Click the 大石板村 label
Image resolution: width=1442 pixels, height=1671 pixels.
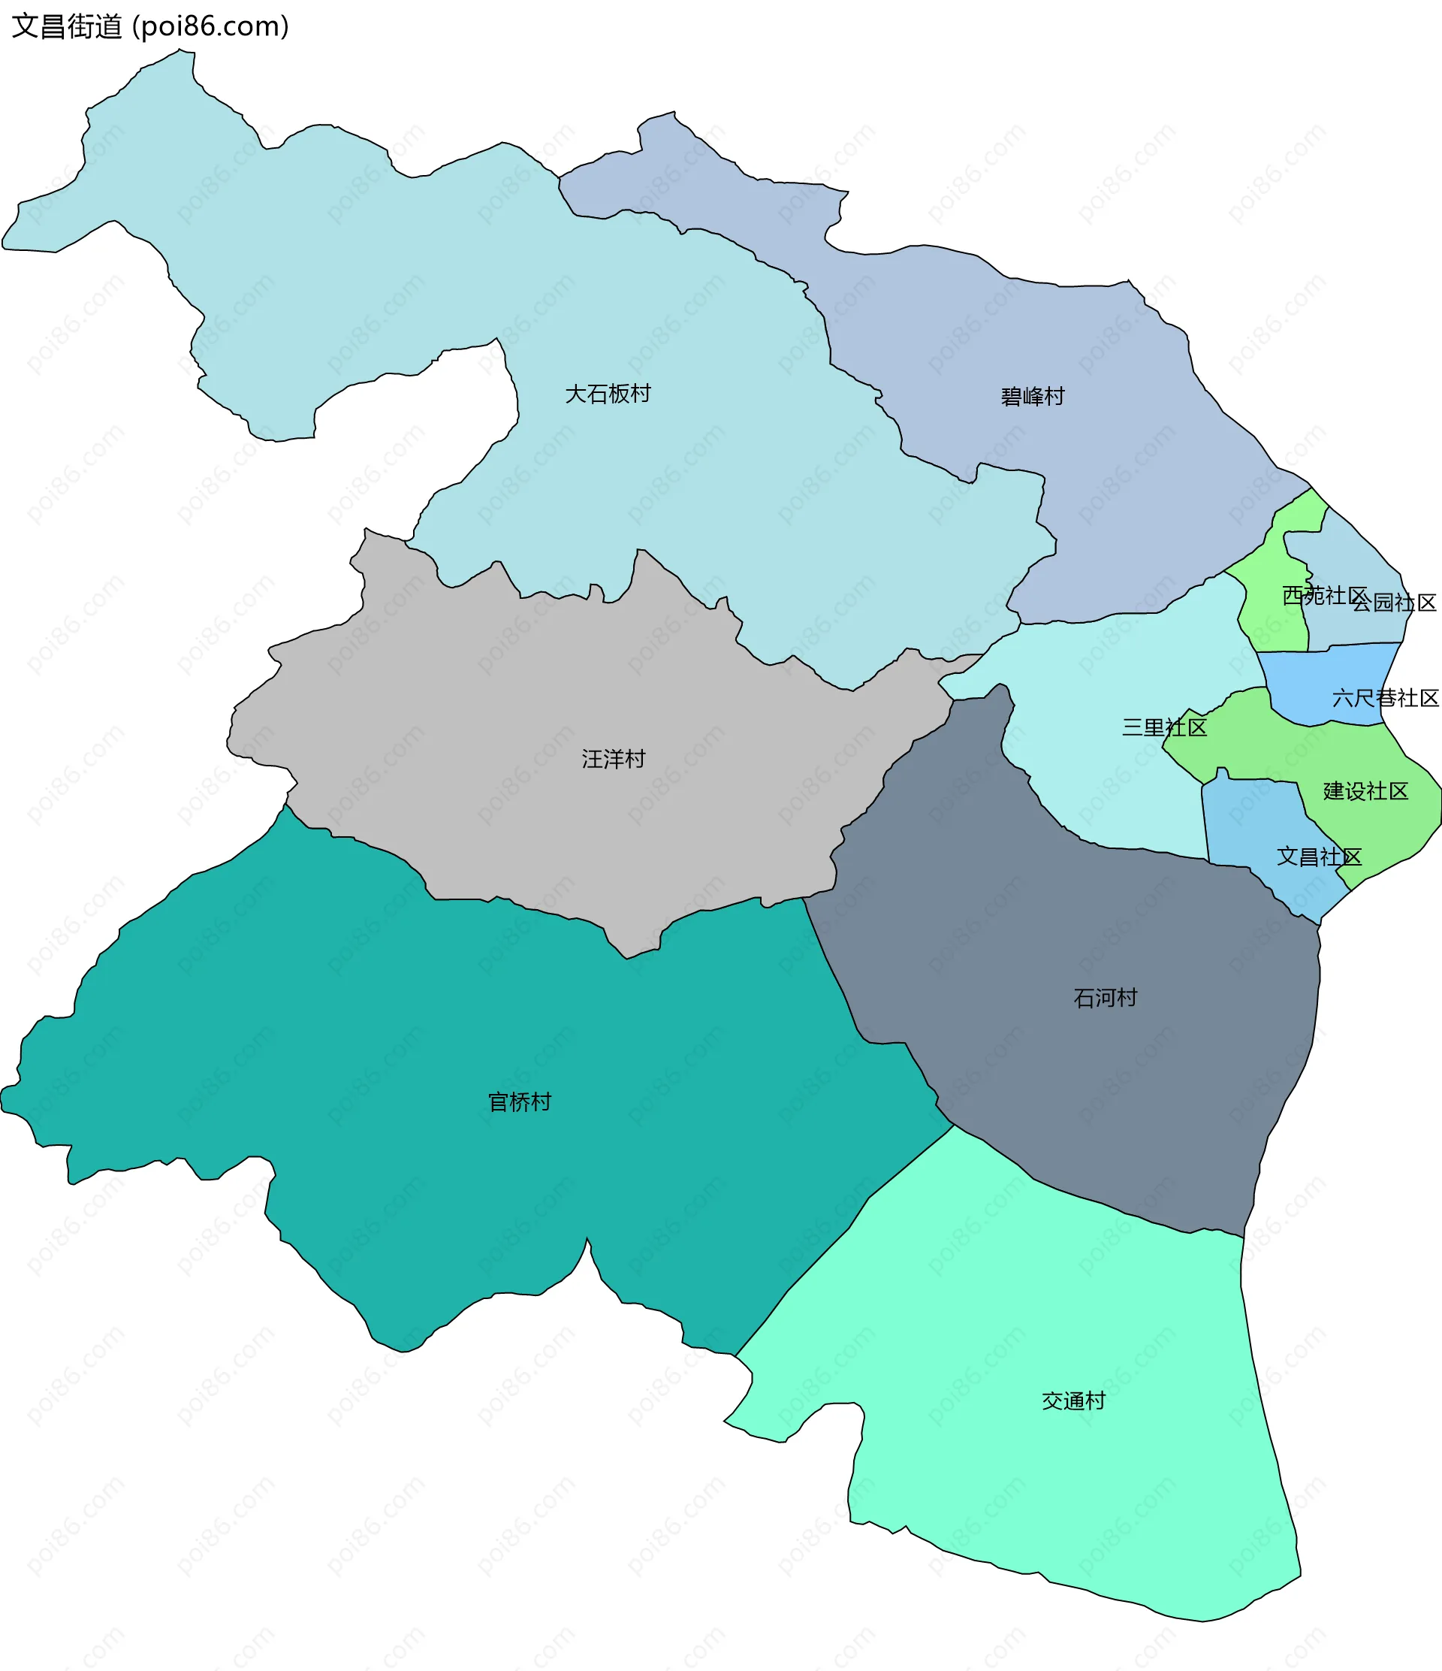coord(608,394)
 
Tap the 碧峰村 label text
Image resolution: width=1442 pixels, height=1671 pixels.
coord(1033,396)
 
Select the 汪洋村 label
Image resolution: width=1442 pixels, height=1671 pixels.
coord(614,759)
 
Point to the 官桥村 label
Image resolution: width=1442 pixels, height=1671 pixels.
coord(520,1101)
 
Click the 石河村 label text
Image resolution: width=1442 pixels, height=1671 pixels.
coord(1105,998)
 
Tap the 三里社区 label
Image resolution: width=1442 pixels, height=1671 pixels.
coord(1164,727)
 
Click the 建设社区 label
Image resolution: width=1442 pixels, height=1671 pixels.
coord(1365,791)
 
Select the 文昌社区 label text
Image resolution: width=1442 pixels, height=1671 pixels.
coord(1319,857)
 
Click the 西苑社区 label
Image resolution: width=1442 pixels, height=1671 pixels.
coord(1324,595)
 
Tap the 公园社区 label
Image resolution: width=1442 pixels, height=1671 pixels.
coord(1395,603)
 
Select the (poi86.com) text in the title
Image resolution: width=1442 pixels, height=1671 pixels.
coord(210,26)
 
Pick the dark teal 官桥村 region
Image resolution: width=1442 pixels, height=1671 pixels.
coord(403,1048)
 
